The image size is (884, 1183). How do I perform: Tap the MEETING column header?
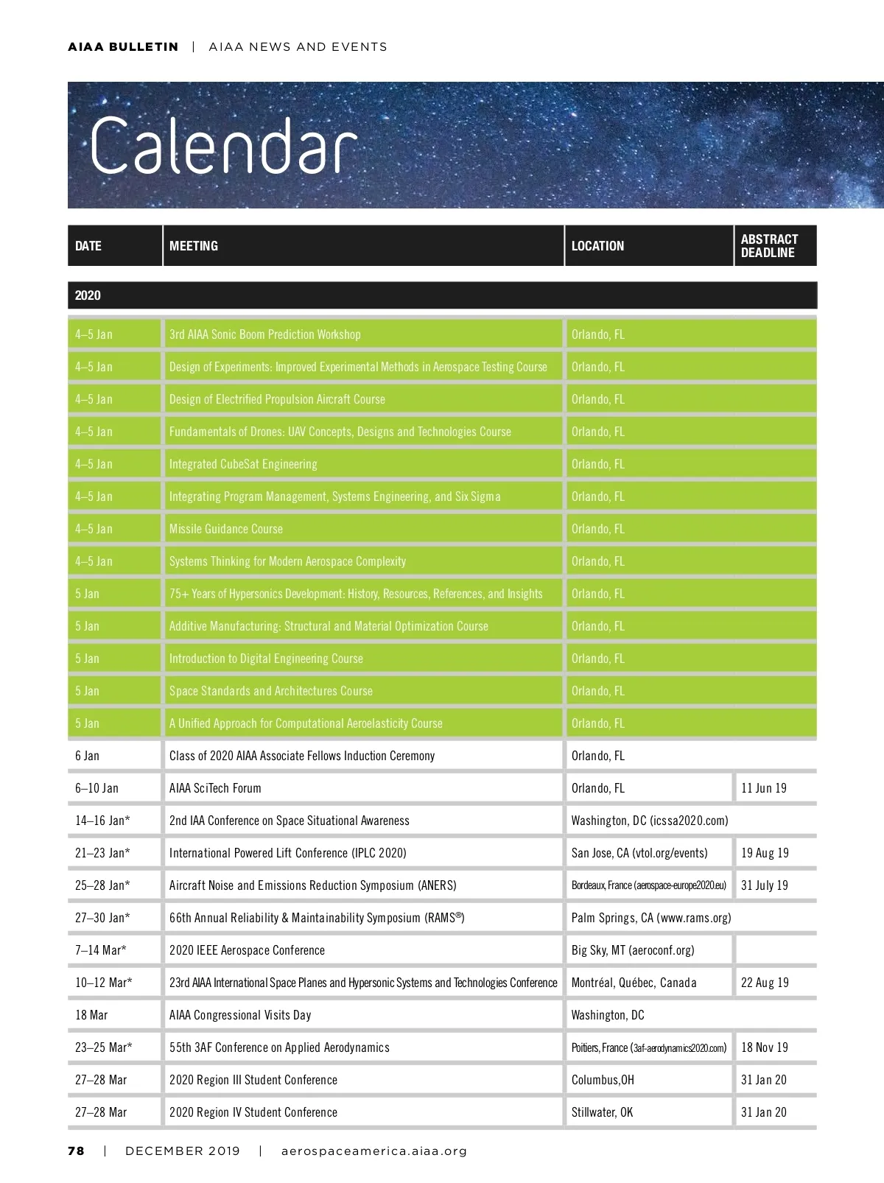194,246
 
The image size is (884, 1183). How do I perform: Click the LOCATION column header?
597,246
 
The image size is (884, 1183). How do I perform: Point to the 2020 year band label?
88,295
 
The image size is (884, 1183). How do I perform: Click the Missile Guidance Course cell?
226,529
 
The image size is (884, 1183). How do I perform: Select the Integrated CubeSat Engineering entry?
243,464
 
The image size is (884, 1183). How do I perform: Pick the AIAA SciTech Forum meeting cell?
215,788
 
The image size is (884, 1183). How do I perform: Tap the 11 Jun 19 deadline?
764,788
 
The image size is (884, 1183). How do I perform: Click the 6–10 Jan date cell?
97,788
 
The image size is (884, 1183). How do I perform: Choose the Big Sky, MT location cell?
633,950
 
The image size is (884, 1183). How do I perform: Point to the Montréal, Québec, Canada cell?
634,983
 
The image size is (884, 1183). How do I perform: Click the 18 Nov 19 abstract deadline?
764,1047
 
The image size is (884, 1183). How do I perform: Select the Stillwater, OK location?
602,1112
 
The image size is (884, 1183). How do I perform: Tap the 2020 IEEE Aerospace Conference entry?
247,950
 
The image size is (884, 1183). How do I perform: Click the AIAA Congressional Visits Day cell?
240,1015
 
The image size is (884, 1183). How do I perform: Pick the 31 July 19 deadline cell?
764,885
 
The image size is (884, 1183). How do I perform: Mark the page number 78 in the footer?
76,1151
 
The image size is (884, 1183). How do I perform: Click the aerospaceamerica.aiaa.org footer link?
374,1151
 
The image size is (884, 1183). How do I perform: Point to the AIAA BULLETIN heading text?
123,47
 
